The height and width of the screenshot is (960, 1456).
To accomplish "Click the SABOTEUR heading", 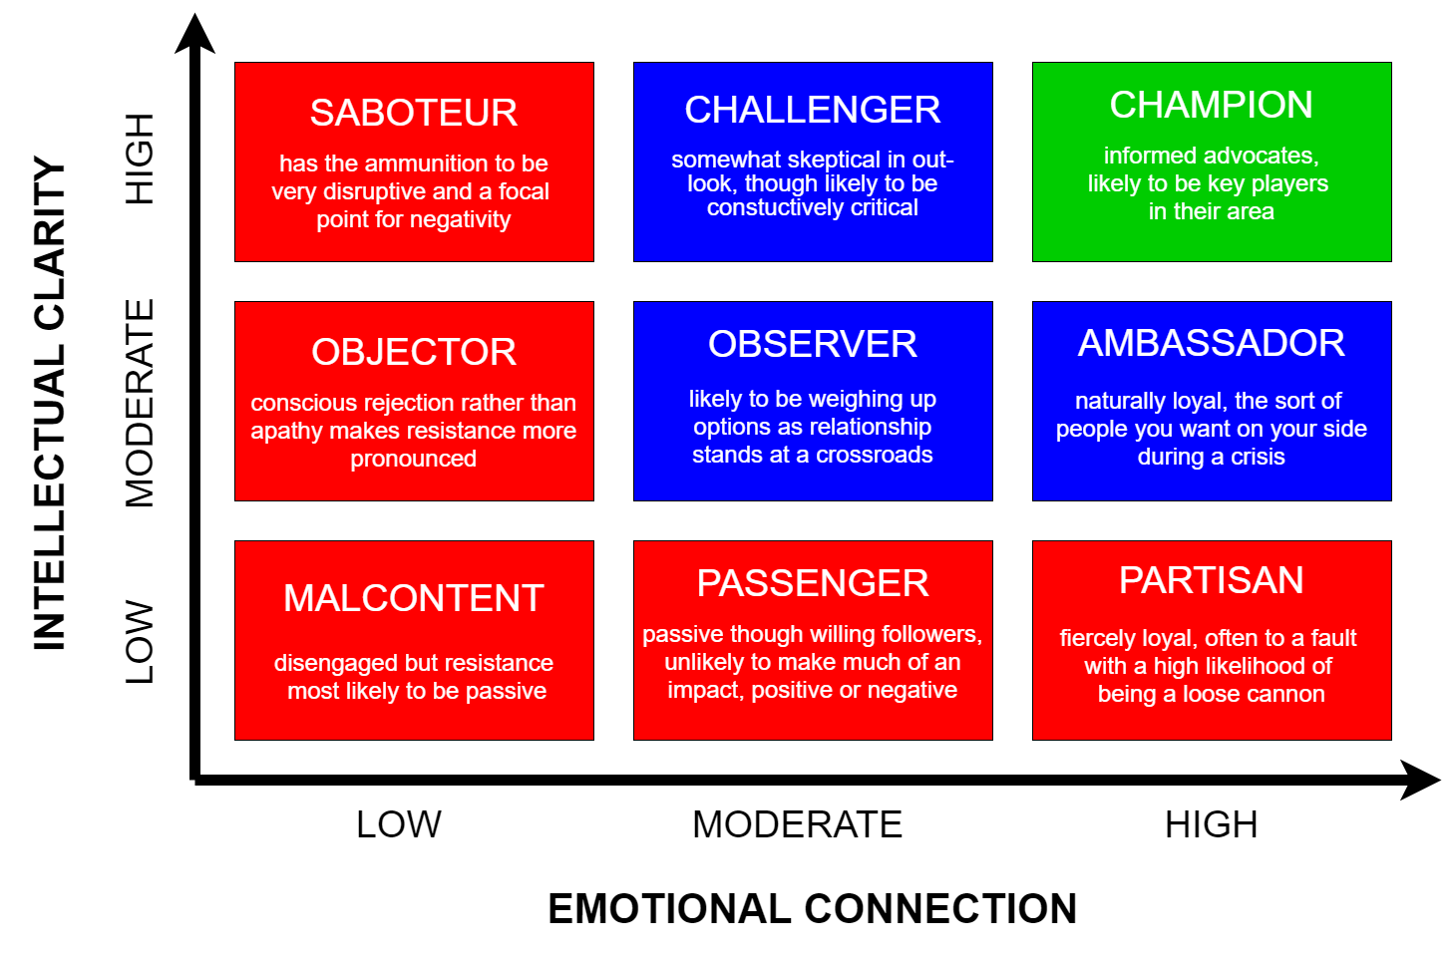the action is (414, 113).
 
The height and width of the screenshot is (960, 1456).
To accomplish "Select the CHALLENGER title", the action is (813, 110).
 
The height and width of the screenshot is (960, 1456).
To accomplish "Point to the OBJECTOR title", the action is (414, 352).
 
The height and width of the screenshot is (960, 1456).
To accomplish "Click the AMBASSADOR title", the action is (1211, 343).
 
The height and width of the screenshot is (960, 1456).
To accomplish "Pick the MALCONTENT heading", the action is (414, 597).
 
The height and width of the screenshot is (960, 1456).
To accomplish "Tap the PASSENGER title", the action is (813, 582).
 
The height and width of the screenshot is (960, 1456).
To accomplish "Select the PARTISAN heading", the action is (1211, 580).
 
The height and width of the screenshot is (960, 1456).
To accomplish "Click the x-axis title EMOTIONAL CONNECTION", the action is (813, 908).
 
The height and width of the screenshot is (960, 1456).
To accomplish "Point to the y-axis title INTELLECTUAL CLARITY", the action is (50, 403).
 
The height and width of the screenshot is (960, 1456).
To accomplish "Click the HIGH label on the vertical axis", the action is (139, 160).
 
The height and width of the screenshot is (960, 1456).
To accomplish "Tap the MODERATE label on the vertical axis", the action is (139, 403).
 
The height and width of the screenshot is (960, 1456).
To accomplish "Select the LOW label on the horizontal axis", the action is (399, 824).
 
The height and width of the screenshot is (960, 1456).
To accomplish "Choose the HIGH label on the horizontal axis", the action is (1211, 824).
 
